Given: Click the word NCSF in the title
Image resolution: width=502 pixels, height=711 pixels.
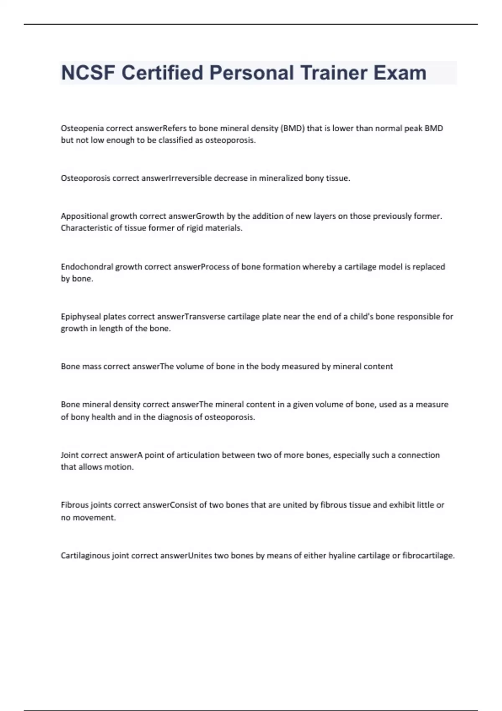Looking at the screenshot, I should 88,73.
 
